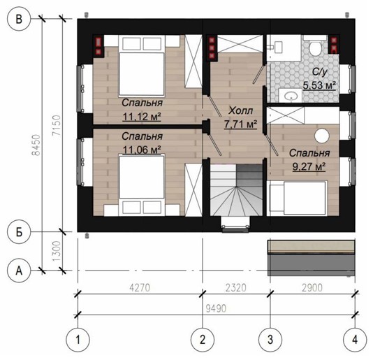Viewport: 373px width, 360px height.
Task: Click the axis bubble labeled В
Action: click(19, 19)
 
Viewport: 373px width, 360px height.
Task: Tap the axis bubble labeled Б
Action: click(19, 231)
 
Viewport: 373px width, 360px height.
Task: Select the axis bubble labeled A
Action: click(19, 271)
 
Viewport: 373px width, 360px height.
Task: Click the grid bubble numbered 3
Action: click(270, 340)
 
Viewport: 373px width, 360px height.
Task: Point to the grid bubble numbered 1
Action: click(78, 340)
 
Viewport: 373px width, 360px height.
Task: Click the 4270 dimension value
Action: click(140, 287)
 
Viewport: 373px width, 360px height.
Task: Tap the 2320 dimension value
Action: click(235, 287)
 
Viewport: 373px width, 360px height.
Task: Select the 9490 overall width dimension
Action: click(216, 308)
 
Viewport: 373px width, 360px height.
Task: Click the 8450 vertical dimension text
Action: click(36, 145)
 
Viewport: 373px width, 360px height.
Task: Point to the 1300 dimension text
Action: click(57, 251)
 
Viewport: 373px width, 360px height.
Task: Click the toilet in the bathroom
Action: click(316, 48)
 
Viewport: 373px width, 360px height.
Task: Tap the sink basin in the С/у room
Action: click(291, 96)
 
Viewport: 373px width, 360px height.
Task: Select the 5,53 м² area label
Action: click(319, 85)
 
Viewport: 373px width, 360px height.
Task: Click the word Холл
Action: click(241, 110)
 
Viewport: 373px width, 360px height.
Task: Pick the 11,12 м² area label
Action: click(142, 117)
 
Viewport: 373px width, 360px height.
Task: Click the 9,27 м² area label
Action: click(309, 166)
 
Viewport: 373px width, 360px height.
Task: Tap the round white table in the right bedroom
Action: click(322, 136)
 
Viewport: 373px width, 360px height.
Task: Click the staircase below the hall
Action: click(236, 189)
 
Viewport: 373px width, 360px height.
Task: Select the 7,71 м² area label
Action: click(240, 124)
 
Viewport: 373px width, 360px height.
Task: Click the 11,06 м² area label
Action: click(142, 150)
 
